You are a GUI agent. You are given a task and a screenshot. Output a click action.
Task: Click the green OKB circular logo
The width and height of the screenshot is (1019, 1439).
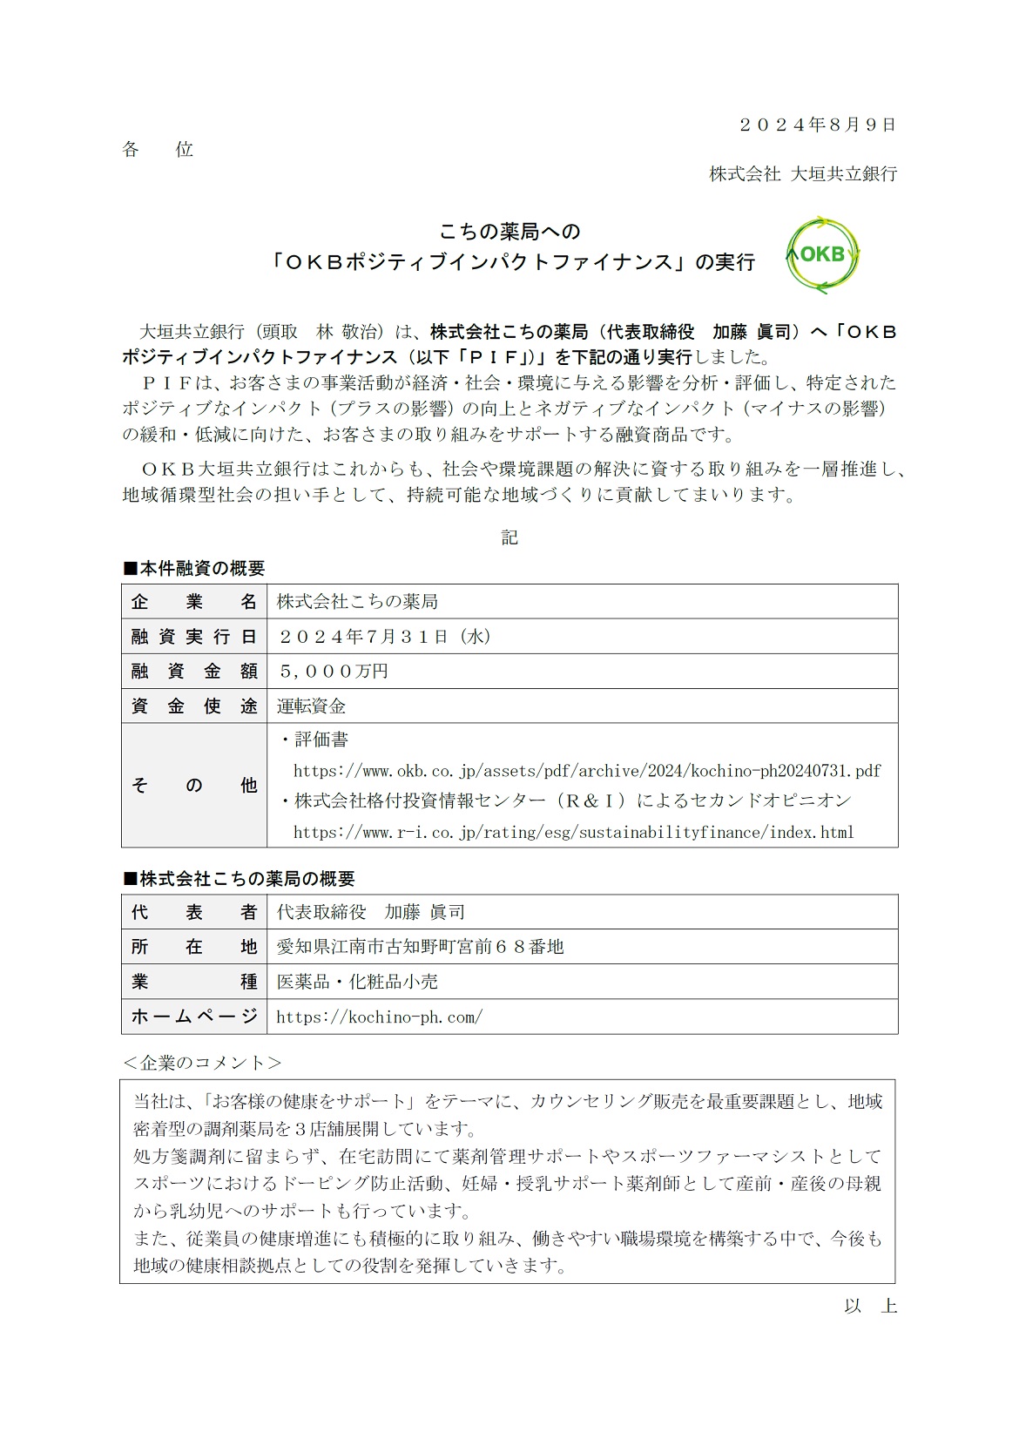click(x=822, y=254)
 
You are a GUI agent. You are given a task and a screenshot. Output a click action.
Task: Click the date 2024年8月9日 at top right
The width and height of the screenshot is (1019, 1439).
click(x=817, y=125)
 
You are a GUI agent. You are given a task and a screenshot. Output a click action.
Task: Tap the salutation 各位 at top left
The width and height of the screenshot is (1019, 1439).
click(x=158, y=150)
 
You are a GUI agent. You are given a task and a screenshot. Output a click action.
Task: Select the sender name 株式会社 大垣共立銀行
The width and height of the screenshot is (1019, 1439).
click(x=802, y=174)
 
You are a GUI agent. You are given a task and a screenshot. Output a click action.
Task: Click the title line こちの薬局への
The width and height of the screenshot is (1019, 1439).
click(x=509, y=232)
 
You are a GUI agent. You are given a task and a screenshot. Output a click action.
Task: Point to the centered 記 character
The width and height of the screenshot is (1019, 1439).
click(x=509, y=537)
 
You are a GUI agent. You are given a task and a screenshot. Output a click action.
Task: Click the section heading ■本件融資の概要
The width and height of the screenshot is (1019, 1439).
click(x=193, y=569)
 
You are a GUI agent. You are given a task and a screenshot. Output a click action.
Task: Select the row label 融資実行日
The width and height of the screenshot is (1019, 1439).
click(x=194, y=637)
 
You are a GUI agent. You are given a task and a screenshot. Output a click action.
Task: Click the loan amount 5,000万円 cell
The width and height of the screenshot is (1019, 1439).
click(x=333, y=672)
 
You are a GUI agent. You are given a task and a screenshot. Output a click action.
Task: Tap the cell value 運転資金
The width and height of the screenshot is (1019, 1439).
click(x=312, y=706)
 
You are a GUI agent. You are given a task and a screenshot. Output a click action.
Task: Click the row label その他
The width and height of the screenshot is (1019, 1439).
click(x=194, y=785)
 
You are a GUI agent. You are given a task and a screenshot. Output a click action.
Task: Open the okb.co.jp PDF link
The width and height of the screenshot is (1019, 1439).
click(x=587, y=771)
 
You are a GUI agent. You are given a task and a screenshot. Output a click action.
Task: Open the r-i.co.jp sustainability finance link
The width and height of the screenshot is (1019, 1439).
click(x=573, y=833)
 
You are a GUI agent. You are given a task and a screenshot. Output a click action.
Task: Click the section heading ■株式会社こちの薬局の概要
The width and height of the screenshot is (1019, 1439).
click(x=239, y=879)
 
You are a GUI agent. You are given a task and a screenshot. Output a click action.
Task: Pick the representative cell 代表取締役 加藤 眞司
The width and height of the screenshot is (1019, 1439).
click(x=371, y=912)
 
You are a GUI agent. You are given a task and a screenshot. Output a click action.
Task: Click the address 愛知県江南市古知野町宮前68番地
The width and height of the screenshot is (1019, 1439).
click(x=421, y=947)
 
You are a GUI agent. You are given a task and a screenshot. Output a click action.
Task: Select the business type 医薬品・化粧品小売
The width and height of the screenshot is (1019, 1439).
click(x=357, y=982)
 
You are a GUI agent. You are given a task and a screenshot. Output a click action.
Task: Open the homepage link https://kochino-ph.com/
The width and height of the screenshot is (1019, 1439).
click(x=379, y=1017)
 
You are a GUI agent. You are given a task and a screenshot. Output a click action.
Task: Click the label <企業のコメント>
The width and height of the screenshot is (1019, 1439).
click(x=202, y=1063)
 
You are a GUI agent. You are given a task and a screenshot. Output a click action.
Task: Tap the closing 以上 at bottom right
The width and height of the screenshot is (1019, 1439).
click(x=870, y=1306)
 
